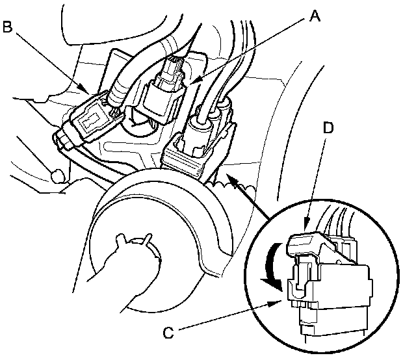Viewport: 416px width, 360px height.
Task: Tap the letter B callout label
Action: point(8,27)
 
